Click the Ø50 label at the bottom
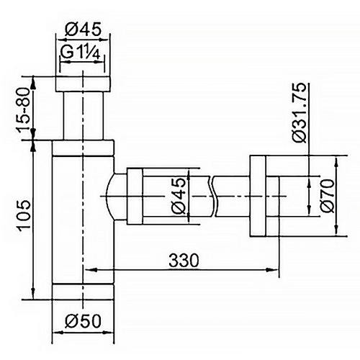pyautogui.click(x=84, y=322)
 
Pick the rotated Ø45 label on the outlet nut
pyautogui.click(x=177, y=194)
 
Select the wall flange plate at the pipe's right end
pyautogui.click(x=258, y=194)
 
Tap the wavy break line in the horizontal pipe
pyautogui.click(x=214, y=194)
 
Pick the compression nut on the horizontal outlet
pyautogui.click(x=144, y=194)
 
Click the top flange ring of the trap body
pyautogui.click(x=84, y=147)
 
